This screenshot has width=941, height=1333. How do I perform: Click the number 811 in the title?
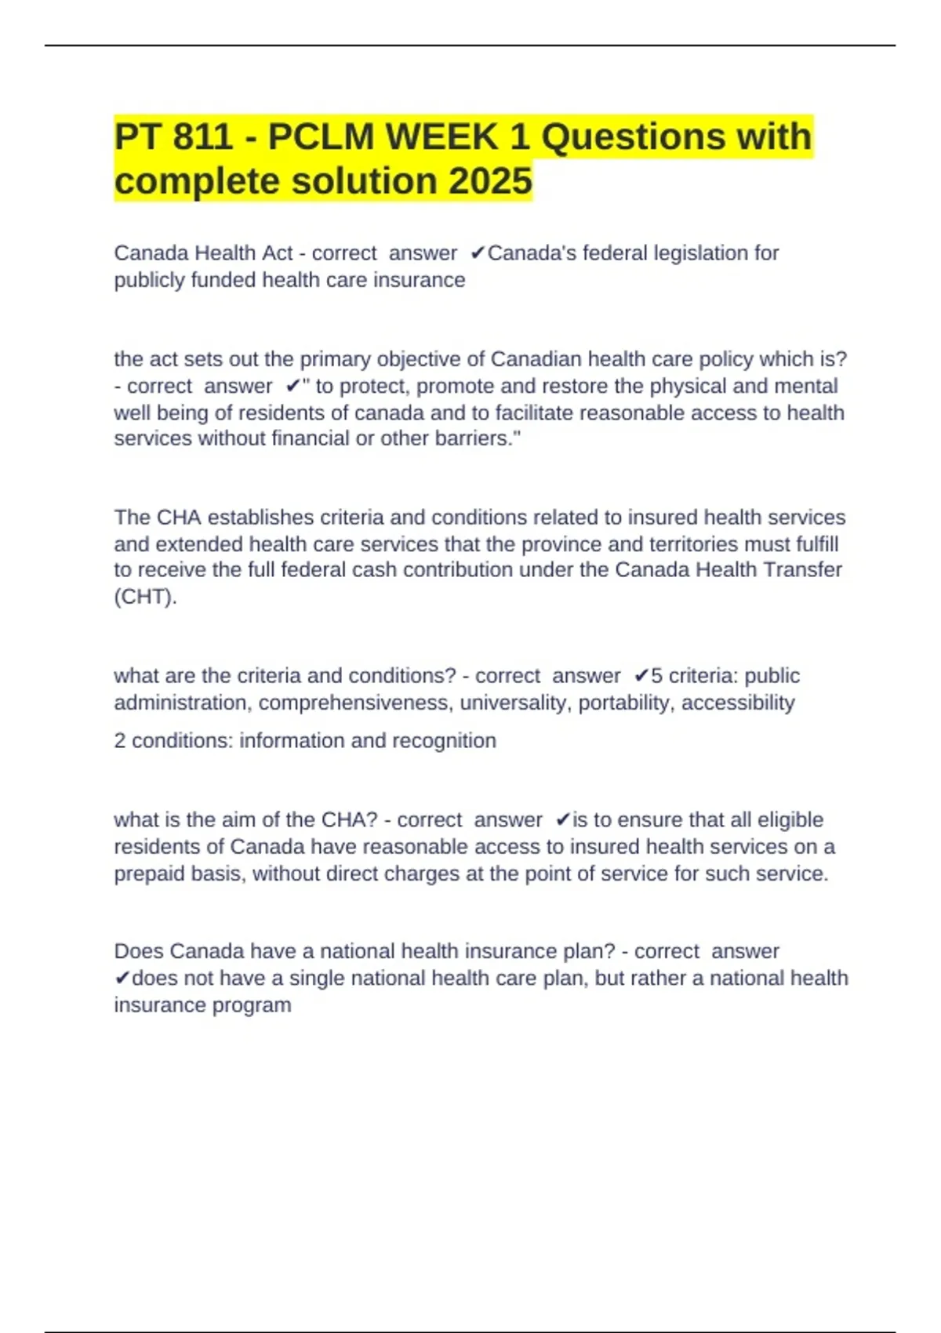pos(202,136)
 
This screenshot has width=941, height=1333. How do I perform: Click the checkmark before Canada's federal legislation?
pos(477,253)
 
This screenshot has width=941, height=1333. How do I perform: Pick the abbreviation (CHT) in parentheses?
pos(145,597)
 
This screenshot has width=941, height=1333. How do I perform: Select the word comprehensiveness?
pos(354,703)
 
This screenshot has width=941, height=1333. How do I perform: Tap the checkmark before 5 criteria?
pos(641,676)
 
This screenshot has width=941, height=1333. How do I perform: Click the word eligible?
pos(787,820)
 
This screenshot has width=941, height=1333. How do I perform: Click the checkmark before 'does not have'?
pos(122,979)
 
